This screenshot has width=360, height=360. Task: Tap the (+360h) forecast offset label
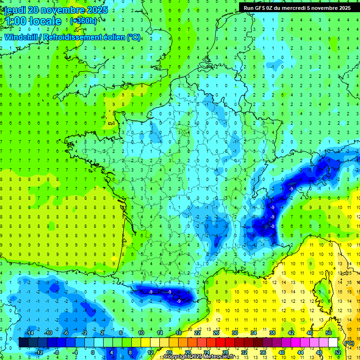click(83, 21)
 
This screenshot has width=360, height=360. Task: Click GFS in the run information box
click(260, 8)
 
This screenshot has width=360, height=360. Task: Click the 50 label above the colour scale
click(329, 333)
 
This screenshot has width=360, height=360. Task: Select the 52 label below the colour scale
click(337, 352)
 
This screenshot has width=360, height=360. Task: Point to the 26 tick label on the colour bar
click(216, 333)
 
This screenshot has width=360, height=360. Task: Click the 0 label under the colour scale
click(93, 352)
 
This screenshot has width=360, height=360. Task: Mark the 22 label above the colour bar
click(197, 333)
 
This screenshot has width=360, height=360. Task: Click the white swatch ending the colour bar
click(333, 343)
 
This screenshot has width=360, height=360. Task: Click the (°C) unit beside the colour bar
click(349, 343)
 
